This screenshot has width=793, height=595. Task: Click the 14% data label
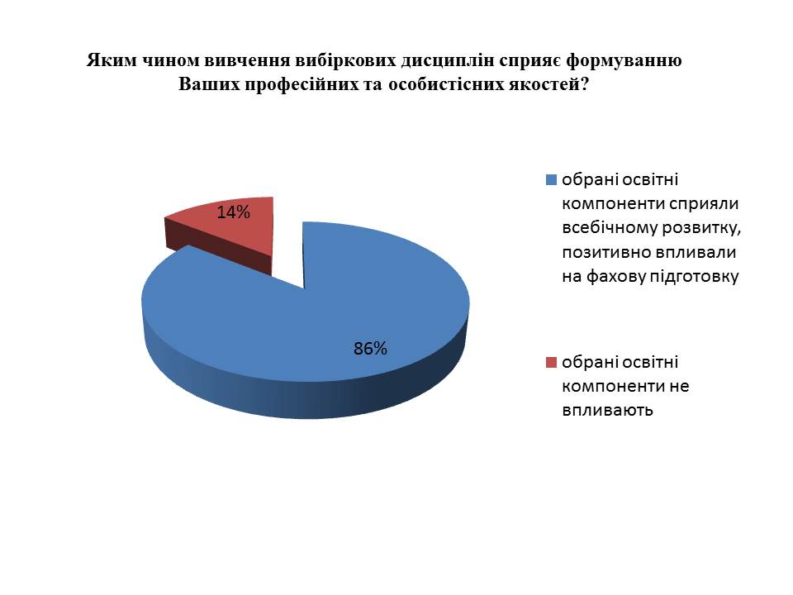coord(233,212)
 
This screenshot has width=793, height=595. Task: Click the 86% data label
coord(370,349)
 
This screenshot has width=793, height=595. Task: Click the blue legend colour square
coord(551,179)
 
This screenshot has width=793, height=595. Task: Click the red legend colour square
coord(551,362)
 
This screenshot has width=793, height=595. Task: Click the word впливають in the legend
coord(607,410)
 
